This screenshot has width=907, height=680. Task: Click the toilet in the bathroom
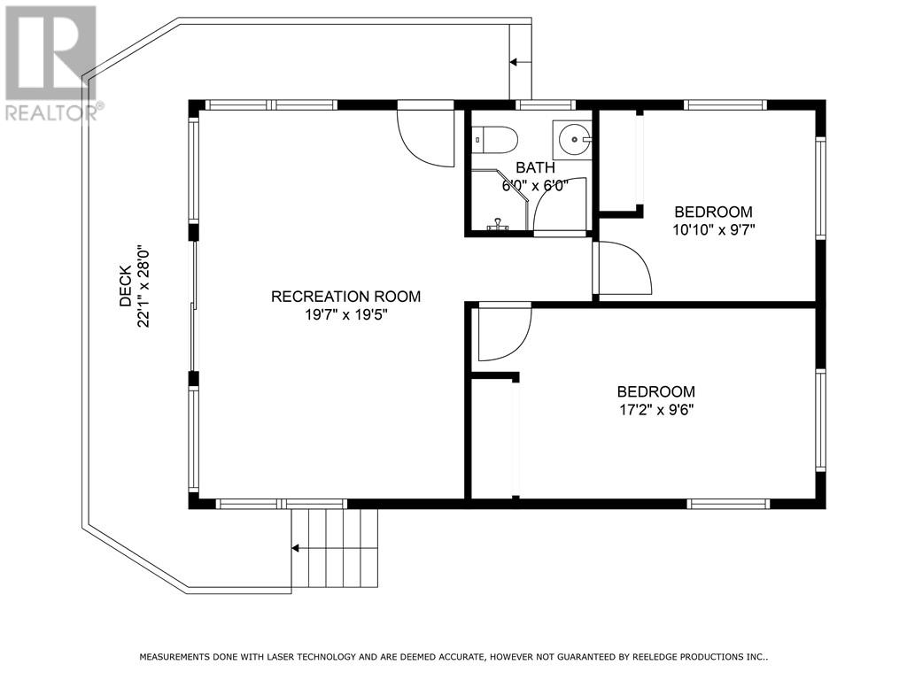coord(494,140)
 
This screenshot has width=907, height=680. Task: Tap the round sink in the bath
coord(572,139)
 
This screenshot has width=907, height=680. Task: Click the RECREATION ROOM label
coord(346,297)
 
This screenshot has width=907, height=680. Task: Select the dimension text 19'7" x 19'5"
coord(346,315)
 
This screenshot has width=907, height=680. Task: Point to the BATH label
coord(535,167)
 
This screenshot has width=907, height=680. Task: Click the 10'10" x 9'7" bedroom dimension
coord(714,230)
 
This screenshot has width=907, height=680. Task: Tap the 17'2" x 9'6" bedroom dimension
coord(656,410)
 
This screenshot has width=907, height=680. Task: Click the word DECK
coord(126,286)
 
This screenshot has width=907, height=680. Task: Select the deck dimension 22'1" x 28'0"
coord(143,286)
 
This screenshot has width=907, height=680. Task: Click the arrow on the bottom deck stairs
coord(295,548)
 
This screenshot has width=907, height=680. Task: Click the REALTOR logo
coord(50,64)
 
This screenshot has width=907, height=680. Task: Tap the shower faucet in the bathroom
coord(498,224)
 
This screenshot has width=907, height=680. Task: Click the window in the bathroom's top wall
coord(545,105)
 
